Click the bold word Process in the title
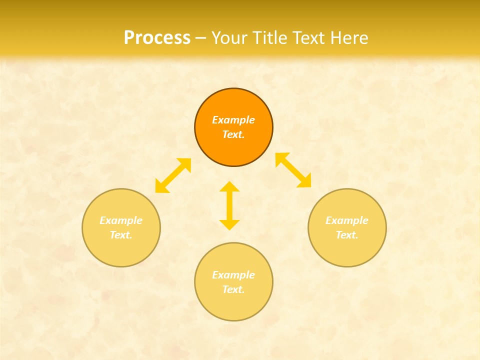tap(157, 38)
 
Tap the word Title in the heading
tap(273, 38)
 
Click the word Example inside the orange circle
tap(233, 120)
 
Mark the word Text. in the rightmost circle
tap(347, 235)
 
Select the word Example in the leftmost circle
tap(121, 220)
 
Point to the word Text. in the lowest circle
tap(233, 289)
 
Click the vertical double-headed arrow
tap(229, 205)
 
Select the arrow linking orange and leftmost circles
tap(173, 175)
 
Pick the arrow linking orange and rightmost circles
tap(293, 170)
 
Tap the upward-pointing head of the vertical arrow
tap(229, 186)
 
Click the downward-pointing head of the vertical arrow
tap(229, 224)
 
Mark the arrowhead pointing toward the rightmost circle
tap(305, 181)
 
